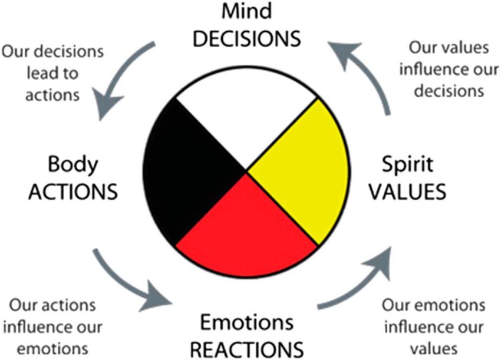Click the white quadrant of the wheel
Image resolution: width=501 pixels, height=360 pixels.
pos(246,118)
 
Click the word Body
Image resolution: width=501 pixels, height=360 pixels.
pos(72,164)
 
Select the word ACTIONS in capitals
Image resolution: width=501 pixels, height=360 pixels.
pos(72,192)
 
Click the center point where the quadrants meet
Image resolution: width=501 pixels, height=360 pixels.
pos(246,172)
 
